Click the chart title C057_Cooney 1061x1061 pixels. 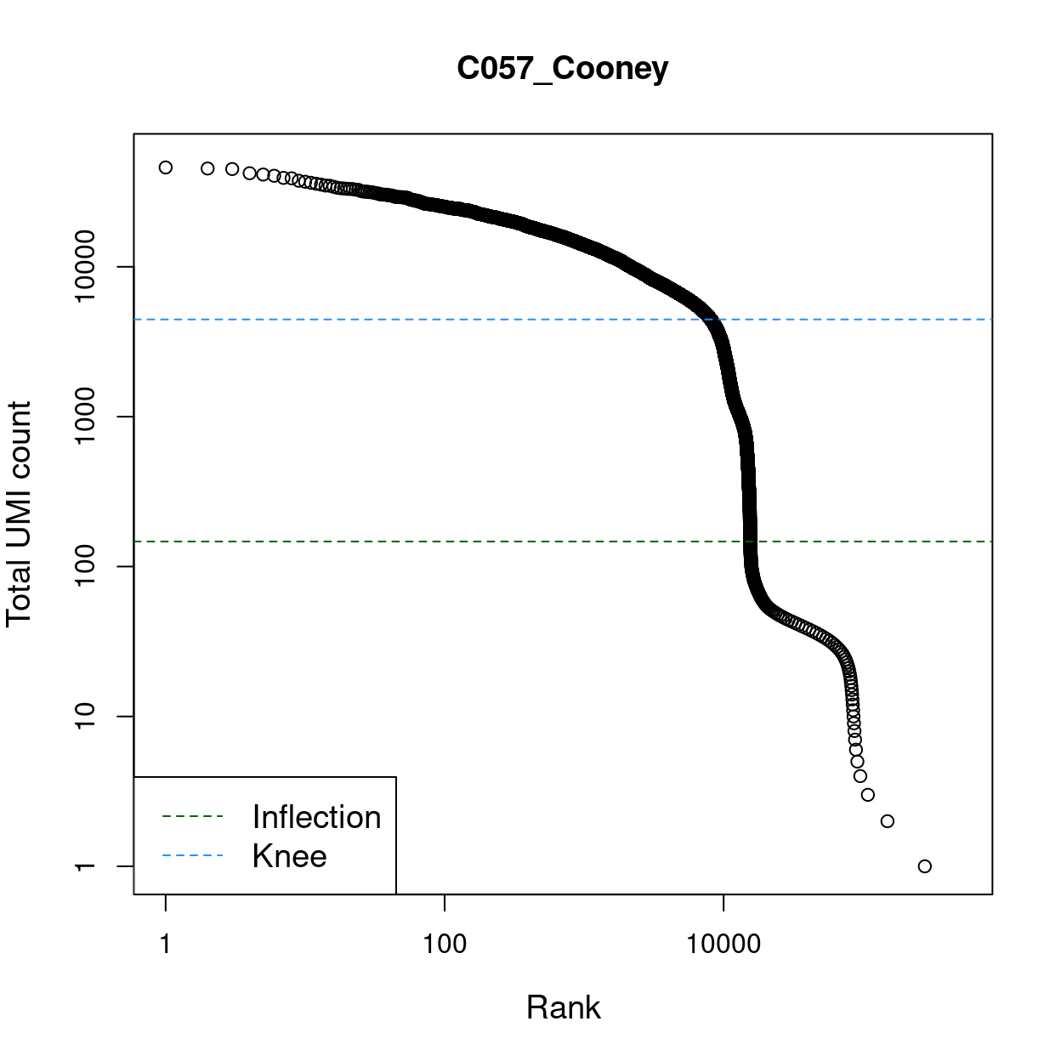coord(562,68)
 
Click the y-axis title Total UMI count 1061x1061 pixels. coord(19,513)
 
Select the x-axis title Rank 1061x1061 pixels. coord(563,1007)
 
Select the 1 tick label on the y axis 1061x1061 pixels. coord(85,866)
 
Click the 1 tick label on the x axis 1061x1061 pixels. coord(165,944)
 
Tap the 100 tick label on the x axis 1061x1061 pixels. coord(445,944)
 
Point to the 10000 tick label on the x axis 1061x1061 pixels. coord(723,944)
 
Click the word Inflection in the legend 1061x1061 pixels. coord(316,817)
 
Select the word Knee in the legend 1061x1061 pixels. coord(289,856)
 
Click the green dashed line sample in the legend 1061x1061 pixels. coord(192,817)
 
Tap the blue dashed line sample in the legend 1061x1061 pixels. coord(192,856)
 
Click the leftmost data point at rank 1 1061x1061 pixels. coord(166,167)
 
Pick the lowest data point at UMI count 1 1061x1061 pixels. coord(925,866)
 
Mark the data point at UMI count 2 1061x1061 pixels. coord(888,821)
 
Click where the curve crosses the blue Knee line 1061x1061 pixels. coord(712,320)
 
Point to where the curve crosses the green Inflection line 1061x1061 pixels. coord(749,542)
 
